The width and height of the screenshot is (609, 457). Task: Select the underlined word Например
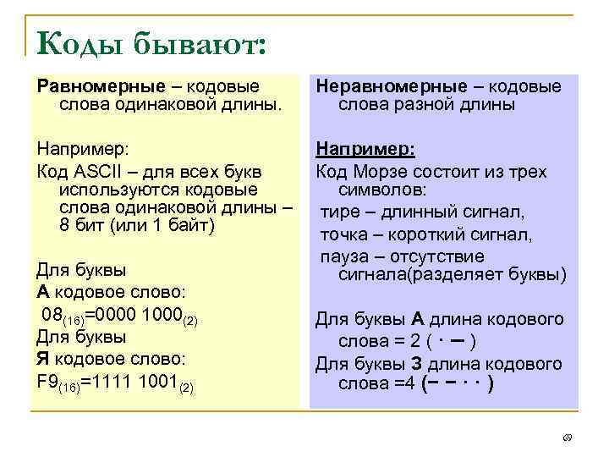tap(365, 150)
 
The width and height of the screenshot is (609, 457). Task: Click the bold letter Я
tap(43, 360)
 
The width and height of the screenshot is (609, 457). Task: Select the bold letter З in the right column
tap(417, 364)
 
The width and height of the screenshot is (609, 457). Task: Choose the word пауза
tap(345, 256)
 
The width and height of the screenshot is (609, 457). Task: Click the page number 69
tap(567, 438)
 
